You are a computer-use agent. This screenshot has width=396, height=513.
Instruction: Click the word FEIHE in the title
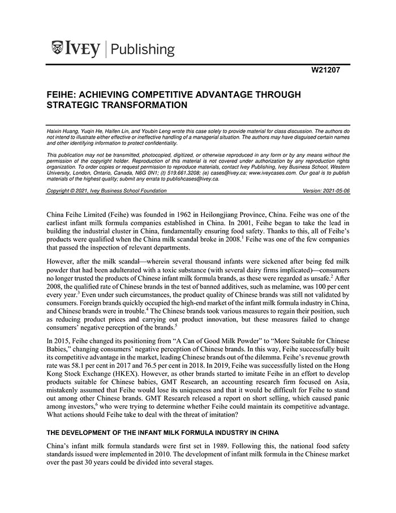pos(62,94)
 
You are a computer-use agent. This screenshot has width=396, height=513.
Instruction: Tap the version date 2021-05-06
pos(332,191)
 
